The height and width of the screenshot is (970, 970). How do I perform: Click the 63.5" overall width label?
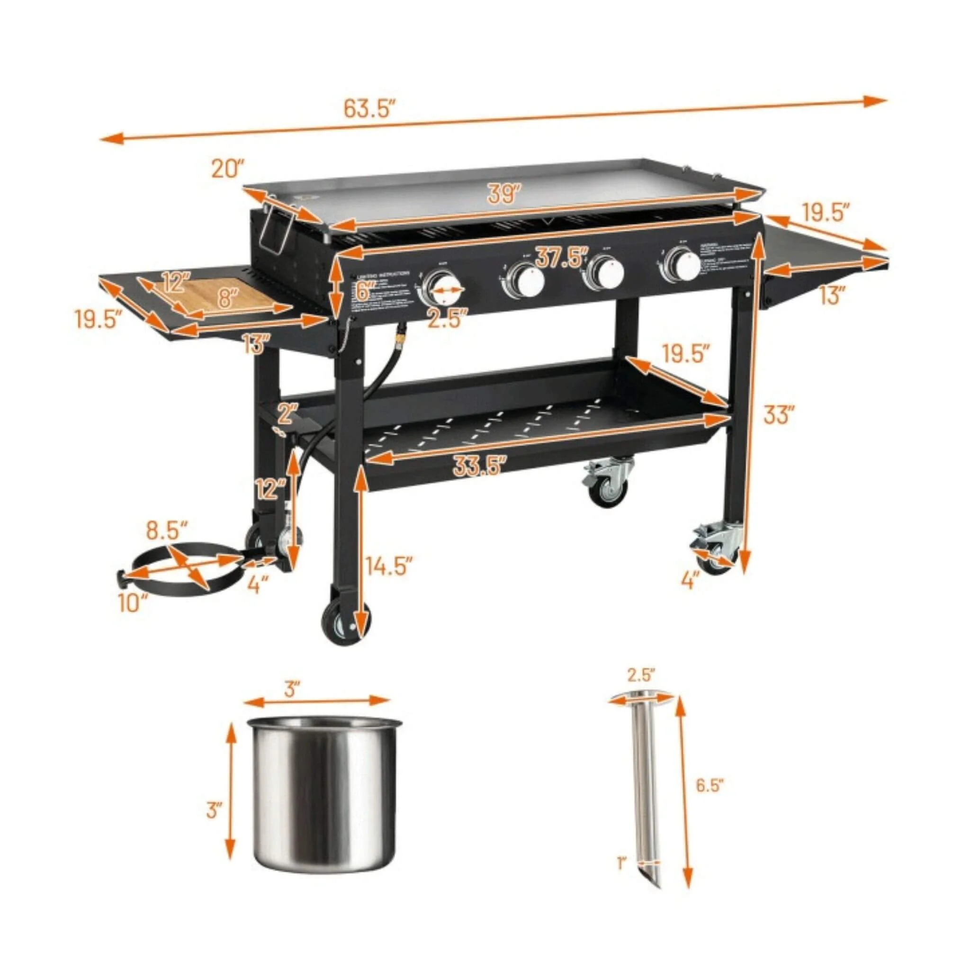370,108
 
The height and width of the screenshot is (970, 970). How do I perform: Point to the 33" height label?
779,414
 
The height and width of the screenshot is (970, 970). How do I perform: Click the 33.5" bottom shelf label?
478,466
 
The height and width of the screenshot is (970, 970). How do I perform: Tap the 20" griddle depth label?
227,169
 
